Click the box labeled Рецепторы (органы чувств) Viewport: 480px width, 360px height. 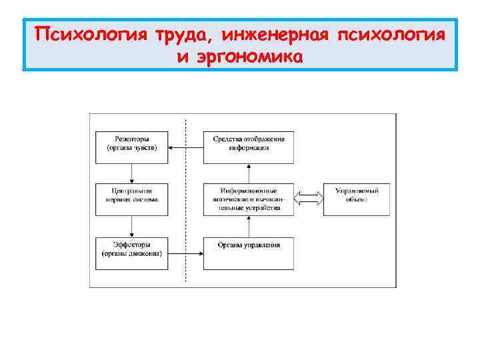pos(132,143)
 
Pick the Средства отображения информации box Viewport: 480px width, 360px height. pos(249,143)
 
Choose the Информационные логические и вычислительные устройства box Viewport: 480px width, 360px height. pos(249,198)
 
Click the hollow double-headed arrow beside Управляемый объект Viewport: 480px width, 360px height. pos(309,198)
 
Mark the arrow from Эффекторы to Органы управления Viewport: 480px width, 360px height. pos(185,253)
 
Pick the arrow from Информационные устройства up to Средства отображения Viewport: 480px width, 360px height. pos(249,172)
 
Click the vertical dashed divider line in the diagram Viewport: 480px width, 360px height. pos(185,200)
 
